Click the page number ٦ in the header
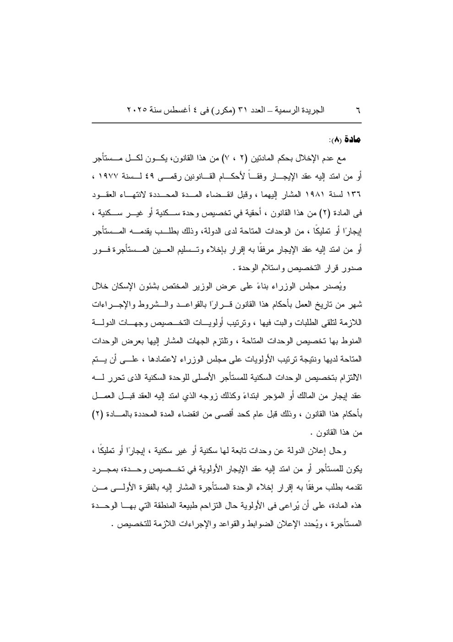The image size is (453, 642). coord(358,111)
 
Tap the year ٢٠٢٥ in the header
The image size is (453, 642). coord(136,111)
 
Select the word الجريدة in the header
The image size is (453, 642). coord(312,111)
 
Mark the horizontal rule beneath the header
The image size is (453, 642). coord(226,122)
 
